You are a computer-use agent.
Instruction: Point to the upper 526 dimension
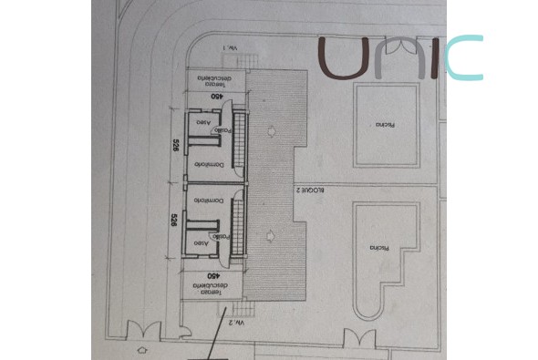pyautogui.click(x=175, y=148)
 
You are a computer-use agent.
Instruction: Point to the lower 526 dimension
pyautogui.click(x=174, y=220)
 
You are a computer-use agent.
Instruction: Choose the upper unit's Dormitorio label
pyautogui.click(x=209, y=165)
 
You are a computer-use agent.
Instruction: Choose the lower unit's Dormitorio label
pyautogui.click(x=207, y=201)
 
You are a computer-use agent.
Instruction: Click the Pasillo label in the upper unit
pyautogui.click(x=222, y=130)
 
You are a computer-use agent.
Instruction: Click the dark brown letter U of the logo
pyautogui.click(x=344, y=58)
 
